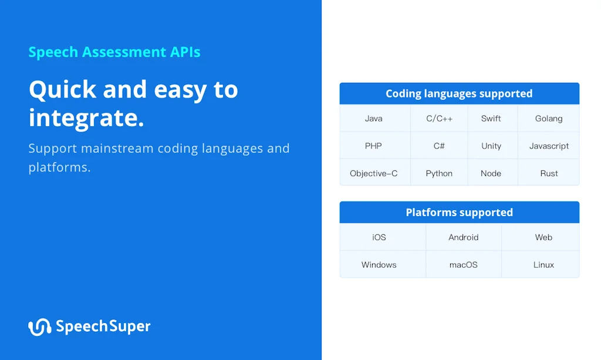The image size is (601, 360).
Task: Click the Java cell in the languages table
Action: point(374,119)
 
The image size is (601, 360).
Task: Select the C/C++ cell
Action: point(439,119)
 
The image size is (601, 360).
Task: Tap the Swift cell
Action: point(491,119)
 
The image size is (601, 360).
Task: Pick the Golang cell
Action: point(549,119)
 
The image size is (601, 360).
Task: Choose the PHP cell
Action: point(374,146)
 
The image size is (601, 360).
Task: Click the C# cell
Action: point(439,146)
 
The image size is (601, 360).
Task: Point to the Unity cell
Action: point(491,146)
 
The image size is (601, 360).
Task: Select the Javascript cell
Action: point(549,146)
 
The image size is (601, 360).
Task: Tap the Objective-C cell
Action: point(374,173)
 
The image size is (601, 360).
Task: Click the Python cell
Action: point(439,173)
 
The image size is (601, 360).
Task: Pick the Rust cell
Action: point(549,173)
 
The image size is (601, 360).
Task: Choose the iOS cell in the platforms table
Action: point(379,237)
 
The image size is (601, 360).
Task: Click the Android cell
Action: point(464,237)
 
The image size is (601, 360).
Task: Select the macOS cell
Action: point(464,265)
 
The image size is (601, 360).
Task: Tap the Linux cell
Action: point(543,265)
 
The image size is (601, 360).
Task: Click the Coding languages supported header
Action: point(459,93)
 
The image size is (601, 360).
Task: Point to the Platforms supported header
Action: point(459,212)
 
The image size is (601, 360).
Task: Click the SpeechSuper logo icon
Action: point(39,327)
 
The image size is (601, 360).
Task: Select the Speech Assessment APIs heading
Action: point(114,52)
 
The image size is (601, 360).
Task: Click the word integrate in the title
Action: point(86,117)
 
